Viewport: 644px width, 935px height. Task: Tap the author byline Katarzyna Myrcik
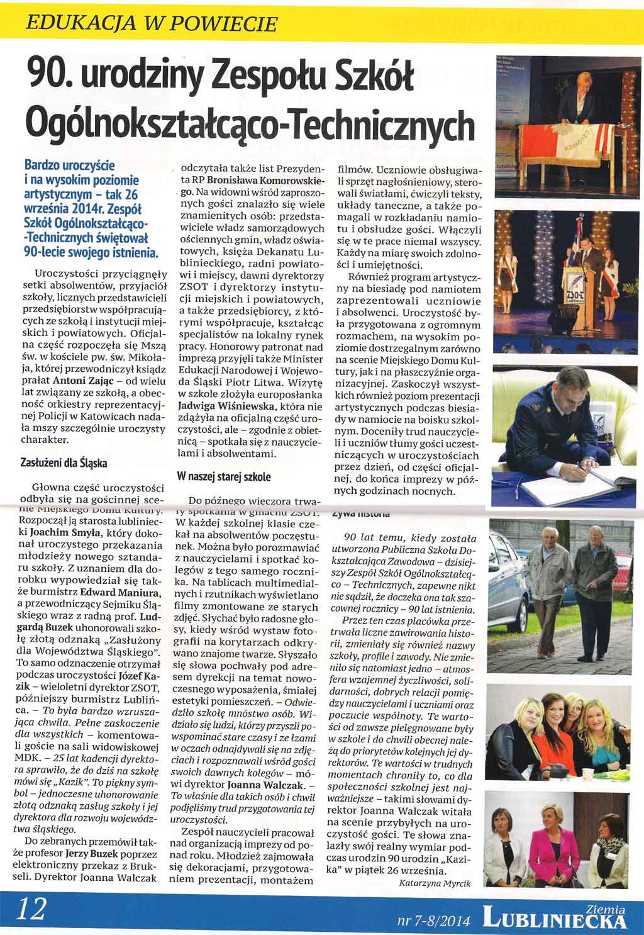(x=435, y=883)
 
